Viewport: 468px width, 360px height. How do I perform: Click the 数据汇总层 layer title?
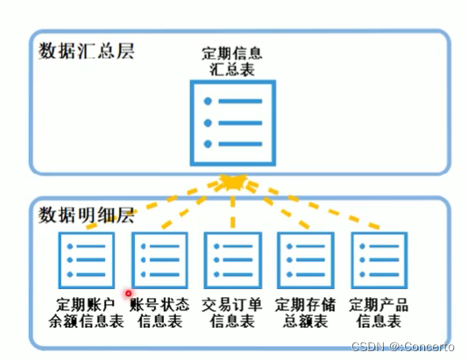tap(86, 50)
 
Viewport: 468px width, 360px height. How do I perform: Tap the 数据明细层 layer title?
tap(86, 213)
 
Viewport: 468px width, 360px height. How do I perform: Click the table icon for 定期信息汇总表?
tap(232, 122)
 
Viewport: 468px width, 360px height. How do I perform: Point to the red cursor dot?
tap(128, 295)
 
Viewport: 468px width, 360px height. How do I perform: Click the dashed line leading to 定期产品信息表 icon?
tap(316, 208)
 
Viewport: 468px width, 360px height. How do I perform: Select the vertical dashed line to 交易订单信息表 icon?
tap(232, 210)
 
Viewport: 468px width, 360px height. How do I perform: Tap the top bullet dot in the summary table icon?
tap(208, 102)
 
